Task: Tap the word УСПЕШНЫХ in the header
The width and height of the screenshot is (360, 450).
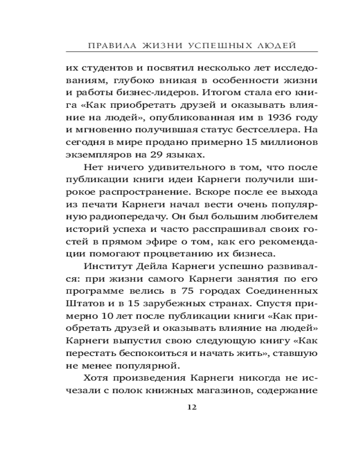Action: point(215,45)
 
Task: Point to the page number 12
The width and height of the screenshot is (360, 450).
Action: point(191,407)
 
